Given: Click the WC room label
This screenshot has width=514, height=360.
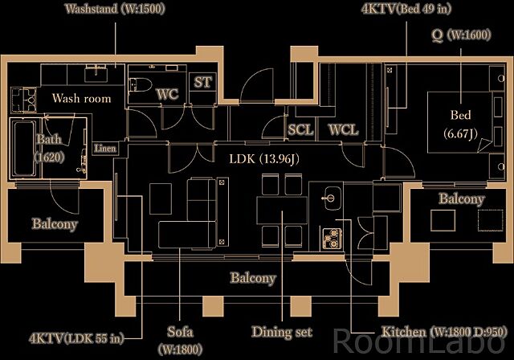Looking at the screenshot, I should [167, 94].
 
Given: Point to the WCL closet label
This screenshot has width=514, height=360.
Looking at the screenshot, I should [343, 129].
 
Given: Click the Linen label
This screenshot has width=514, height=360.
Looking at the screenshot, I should [104, 148].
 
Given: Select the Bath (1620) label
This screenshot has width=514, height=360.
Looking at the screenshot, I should [49, 148].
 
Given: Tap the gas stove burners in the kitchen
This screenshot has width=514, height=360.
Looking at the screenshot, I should [331, 237].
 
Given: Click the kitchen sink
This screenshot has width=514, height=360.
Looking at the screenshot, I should [331, 197].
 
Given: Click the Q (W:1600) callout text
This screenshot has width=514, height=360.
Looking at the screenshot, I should [460, 35].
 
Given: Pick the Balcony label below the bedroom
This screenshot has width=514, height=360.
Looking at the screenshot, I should [462, 198].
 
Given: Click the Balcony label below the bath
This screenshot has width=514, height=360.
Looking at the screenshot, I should [55, 223].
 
